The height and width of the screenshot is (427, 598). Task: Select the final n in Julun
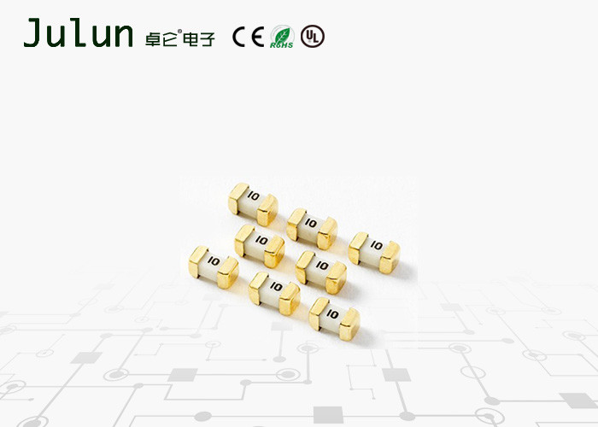(121, 37)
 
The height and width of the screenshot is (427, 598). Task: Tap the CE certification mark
(248, 37)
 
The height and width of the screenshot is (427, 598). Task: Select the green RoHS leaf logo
(282, 37)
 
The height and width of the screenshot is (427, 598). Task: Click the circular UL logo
(314, 37)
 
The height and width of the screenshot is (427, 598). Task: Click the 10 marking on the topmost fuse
(252, 200)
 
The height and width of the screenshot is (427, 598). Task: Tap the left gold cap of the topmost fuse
(237, 197)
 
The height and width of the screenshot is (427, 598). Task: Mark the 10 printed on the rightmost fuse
(376, 246)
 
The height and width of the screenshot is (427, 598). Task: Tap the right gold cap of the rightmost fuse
(390, 254)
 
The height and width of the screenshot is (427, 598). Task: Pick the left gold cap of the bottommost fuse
(318, 311)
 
